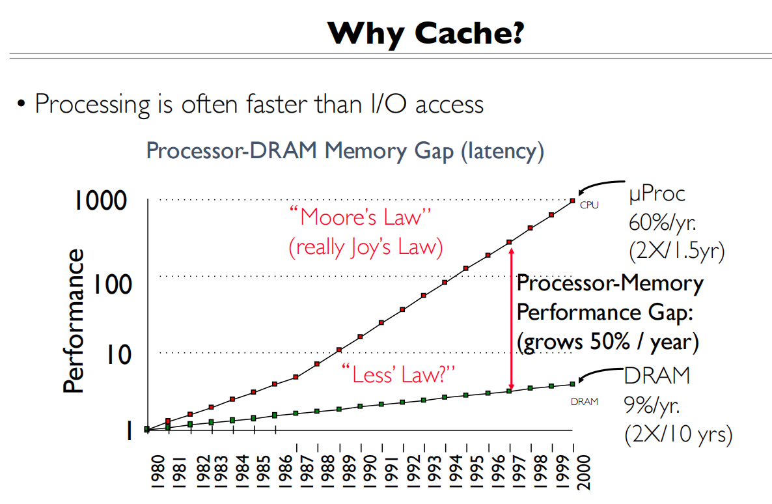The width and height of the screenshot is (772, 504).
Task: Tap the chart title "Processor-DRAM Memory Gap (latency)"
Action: click(x=344, y=150)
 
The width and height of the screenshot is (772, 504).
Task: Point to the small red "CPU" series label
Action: click(x=588, y=206)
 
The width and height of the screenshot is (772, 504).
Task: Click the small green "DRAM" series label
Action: click(x=584, y=402)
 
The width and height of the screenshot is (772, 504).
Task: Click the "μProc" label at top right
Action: click(x=656, y=193)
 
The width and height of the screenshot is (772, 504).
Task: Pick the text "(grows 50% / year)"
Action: click(x=608, y=341)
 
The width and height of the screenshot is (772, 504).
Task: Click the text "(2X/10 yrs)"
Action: click(x=678, y=434)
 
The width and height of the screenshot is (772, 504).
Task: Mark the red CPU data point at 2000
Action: click(x=572, y=201)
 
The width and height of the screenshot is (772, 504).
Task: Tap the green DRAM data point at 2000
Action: click(x=572, y=384)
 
